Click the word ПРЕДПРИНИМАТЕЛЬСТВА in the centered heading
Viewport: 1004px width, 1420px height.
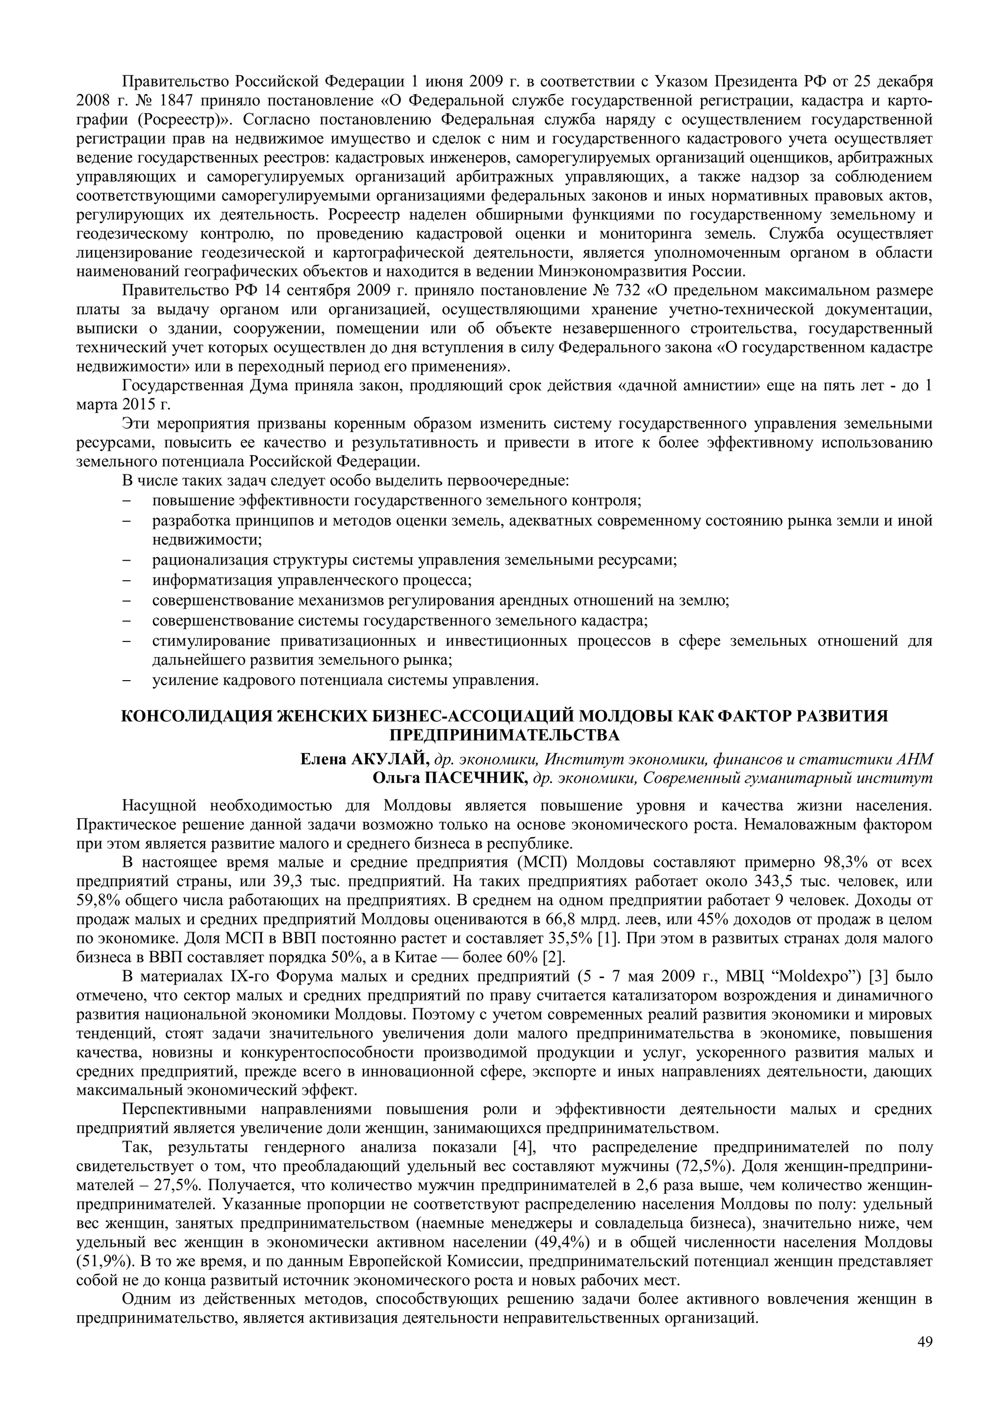504,735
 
